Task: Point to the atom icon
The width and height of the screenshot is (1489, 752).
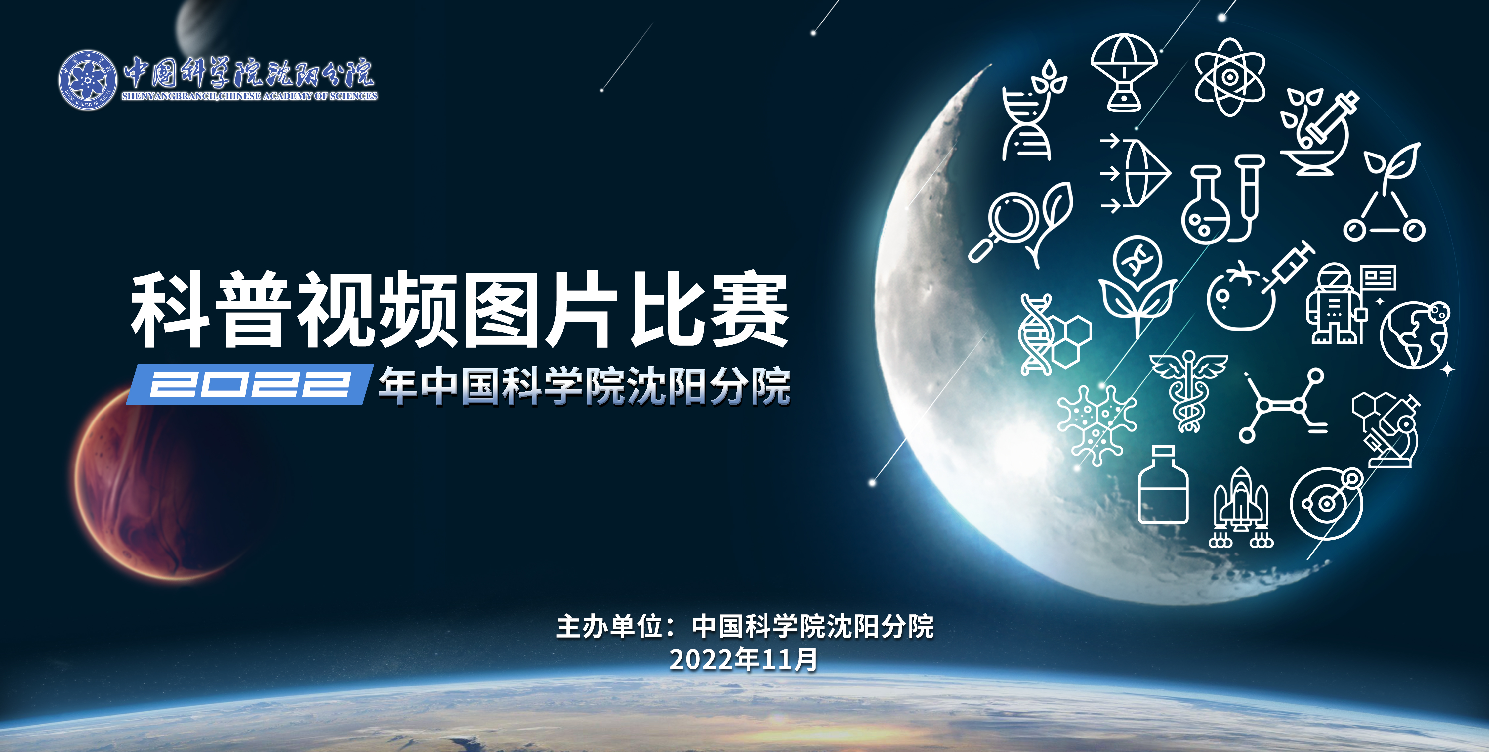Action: click(x=1229, y=77)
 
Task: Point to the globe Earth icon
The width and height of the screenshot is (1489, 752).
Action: click(x=1415, y=334)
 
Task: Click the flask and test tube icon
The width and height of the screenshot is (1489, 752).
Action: click(x=1222, y=199)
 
